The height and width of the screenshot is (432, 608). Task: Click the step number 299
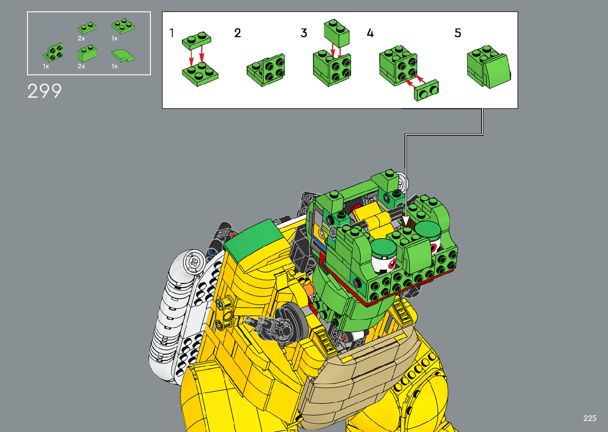point(44,91)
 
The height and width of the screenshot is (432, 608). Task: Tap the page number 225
point(590,418)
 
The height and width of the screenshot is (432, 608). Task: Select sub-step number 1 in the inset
point(172,33)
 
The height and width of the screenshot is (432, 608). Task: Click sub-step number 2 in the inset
point(237,33)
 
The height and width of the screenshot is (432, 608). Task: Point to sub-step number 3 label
point(304,33)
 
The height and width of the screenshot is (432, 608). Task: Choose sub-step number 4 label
point(370,33)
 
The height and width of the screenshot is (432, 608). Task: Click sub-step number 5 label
point(458,33)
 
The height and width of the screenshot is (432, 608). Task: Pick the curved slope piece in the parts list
point(123,56)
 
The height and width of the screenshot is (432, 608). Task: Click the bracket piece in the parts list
point(53,52)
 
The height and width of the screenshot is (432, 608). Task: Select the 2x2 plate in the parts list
point(123,26)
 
